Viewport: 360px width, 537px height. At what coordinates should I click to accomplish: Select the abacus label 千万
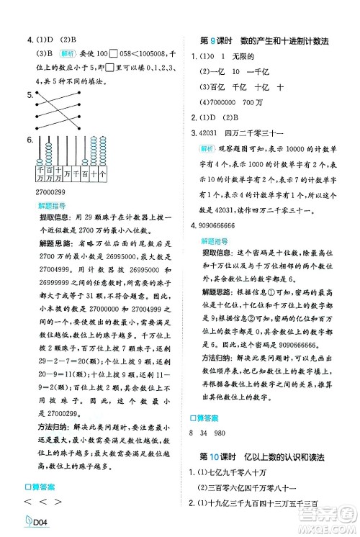(40, 174)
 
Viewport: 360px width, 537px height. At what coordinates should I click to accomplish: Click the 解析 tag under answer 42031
(209, 148)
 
